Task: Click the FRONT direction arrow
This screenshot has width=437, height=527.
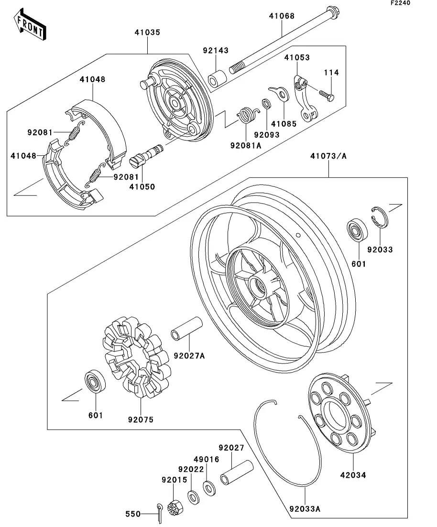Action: pos(30,25)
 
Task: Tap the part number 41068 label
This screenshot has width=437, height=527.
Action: pos(282,16)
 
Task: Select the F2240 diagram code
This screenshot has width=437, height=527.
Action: pos(400,3)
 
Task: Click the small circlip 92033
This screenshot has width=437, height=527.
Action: pos(380,218)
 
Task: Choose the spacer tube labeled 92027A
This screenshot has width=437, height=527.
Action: pos(187,328)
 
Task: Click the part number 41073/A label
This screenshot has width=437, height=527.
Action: pos(328,156)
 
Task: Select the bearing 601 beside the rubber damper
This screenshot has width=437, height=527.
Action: pos(95,381)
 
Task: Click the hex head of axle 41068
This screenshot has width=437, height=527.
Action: pos(334,13)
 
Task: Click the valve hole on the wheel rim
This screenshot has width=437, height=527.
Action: pos(297,234)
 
